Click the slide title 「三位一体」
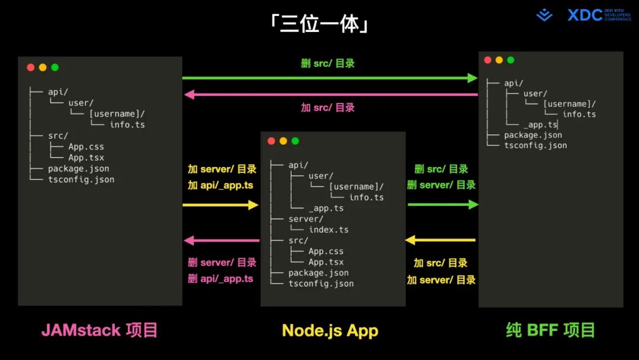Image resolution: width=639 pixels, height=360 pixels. click(x=319, y=24)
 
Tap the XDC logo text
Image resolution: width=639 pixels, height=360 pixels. click(x=585, y=15)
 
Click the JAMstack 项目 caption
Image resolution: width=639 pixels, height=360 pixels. click(x=99, y=330)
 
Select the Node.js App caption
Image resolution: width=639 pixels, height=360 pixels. click(x=330, y=330)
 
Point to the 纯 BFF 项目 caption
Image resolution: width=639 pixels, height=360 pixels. click(x=550, y=330)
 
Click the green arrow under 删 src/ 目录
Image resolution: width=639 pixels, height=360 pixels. click(x=330, y=78)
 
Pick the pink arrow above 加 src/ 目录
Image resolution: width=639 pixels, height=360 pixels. click(x=331, y=94)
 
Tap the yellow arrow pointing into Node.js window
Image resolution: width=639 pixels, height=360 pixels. click(x=220, y=205)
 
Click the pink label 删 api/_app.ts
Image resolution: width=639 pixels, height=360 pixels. click(x=220, y=279)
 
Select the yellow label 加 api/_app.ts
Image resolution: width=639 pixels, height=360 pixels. click(x=220, y=185)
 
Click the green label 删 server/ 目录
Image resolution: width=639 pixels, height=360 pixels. click(x=441, y=185)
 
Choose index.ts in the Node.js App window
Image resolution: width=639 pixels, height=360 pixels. click(x=328, y=230)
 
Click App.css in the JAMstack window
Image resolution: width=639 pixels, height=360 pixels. click(x=86, y=147)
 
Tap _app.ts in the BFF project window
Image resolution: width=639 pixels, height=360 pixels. click(x=540, y=125)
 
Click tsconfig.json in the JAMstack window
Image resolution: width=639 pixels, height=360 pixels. click(x=81, y=179)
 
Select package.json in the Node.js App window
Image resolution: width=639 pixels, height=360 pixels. click(x=318, y=273)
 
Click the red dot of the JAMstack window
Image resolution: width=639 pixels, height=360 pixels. click(x=31, y=67)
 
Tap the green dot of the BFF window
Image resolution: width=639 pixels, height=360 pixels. click(x=511, y=60)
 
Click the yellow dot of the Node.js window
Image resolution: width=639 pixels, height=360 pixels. click(x=283, y=141)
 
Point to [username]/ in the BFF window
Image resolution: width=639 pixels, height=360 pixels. click(x=569, y=104)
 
